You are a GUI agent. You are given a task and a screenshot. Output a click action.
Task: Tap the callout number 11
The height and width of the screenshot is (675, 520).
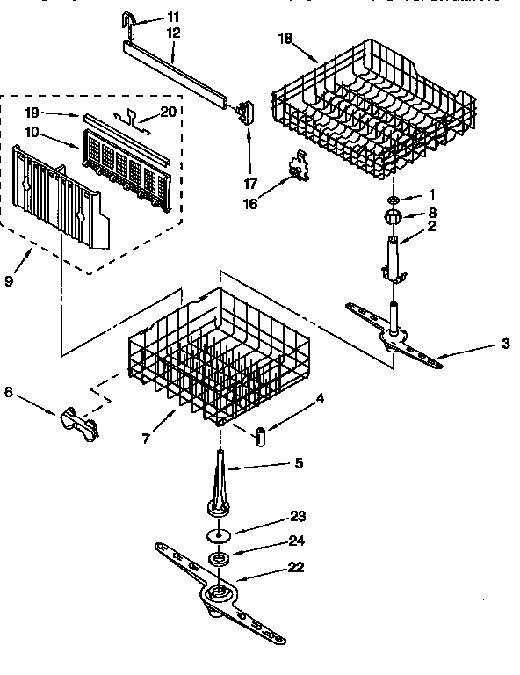point(172,17)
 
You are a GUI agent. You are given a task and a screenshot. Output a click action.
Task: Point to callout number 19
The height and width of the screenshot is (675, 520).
point(31,113)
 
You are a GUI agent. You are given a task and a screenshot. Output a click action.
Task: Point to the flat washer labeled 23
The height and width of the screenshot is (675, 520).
point(216,535)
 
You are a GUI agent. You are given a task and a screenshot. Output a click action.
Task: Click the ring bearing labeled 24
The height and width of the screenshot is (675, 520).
point(216,560)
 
